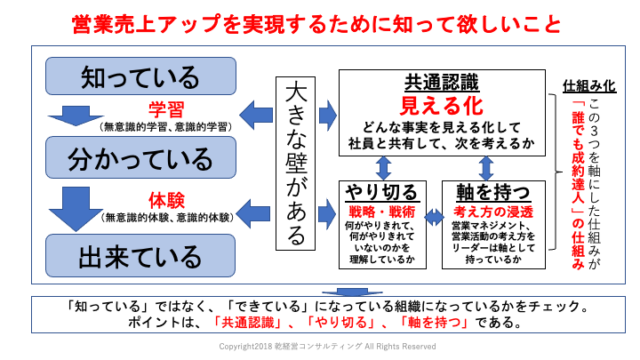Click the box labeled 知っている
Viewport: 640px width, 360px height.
(x=140, y=76)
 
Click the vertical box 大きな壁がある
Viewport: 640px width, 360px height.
(x=297, y=164)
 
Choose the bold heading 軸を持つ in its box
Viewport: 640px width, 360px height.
(x=486, y=193)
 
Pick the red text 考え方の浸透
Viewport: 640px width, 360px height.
(x=486, y=212)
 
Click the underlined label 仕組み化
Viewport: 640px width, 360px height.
(x=589, y=87)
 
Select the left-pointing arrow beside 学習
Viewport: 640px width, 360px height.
(x=258, y=113)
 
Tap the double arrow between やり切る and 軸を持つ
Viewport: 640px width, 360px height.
(x=435, y=215)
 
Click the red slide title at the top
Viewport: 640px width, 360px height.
(x=316, y=22)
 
